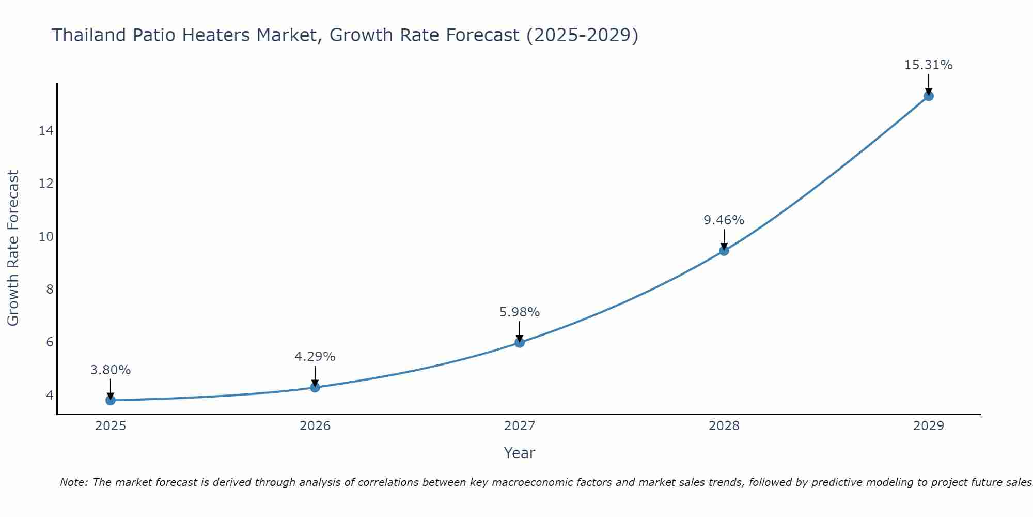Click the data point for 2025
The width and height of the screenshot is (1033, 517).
click(x=110, y=400)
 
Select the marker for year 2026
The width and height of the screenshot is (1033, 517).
click(x=315, y=387)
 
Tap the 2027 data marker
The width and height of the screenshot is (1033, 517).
click(x=520, y=342)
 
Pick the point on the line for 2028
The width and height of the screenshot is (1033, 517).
click(x=724, y=251)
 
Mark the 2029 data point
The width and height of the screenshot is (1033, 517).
click(x=929, y=96)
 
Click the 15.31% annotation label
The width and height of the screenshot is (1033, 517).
click(x=928, y=65)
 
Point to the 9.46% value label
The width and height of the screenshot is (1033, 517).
click(x=724, y=220)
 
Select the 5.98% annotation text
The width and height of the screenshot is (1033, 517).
click(x=519, y=312)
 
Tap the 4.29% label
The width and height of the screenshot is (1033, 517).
click(x=315, y=357)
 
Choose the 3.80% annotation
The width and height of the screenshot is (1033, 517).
click(x=110, y=370)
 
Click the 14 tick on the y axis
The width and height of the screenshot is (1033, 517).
click(x=46, y=131)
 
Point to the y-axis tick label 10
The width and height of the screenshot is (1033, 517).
click(x=46, y=237)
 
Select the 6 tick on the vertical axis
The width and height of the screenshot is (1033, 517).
click(x=50, y=342)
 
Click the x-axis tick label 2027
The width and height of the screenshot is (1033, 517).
click(x=520, y=426)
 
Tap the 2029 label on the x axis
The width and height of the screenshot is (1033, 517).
click(x=929, y=426)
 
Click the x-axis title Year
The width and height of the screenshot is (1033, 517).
click(x=519, y=453)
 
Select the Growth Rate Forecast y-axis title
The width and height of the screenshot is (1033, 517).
click(x=13, y=248)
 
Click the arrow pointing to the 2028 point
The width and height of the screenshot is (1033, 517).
click(x=724, y=239)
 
